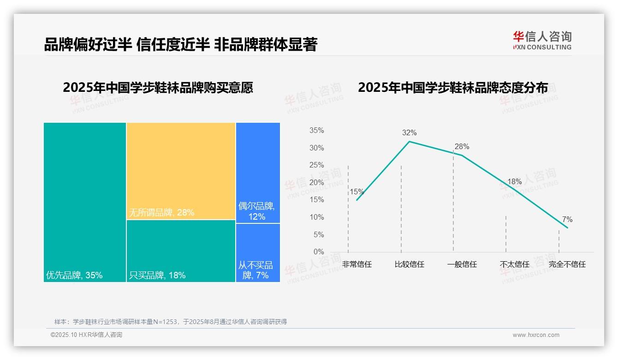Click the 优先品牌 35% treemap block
[85, 202]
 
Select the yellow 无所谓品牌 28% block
[181, 171]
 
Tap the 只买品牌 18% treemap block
[181, 251]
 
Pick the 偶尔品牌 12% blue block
[258, 173]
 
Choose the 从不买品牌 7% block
[258, 252]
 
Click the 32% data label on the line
[409, 133]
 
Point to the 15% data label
[357, 192]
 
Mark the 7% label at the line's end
[567, 220]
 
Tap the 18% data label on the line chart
[514, 182]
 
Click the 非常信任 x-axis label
[357, 264]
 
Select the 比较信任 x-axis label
[410, 264]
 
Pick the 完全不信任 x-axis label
[567, 264]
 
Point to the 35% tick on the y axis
[317, 131]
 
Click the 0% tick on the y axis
[319, 252]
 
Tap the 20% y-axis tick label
[317, 183]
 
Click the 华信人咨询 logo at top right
[542, 40]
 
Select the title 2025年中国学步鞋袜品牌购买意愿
[158, 88]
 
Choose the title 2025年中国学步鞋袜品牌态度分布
[453, 88]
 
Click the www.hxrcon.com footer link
[536, 335]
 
